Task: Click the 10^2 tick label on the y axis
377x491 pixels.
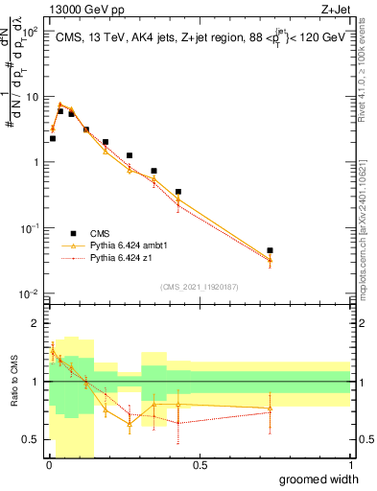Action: pyautogui.click(x=31, y=32)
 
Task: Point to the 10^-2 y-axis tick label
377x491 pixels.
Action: pyautogui.click(x=29, y=293)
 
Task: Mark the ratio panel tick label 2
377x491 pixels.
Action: pyautogui.click(x=36, y=323)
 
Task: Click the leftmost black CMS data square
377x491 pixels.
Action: pyautogui.click(x=53, y=138)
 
